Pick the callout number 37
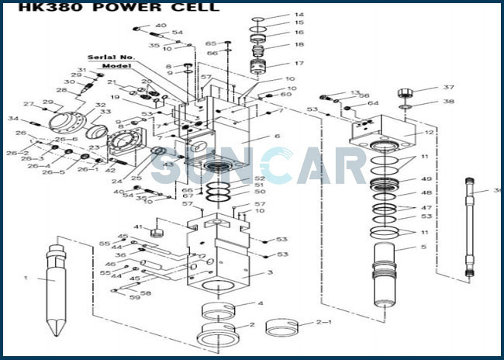point(448,88)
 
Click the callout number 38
point(448,102)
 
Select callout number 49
point(426,179)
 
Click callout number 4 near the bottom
point(261,303)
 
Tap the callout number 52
point(259,178)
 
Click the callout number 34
point(13,119)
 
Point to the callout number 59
point(135,298)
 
